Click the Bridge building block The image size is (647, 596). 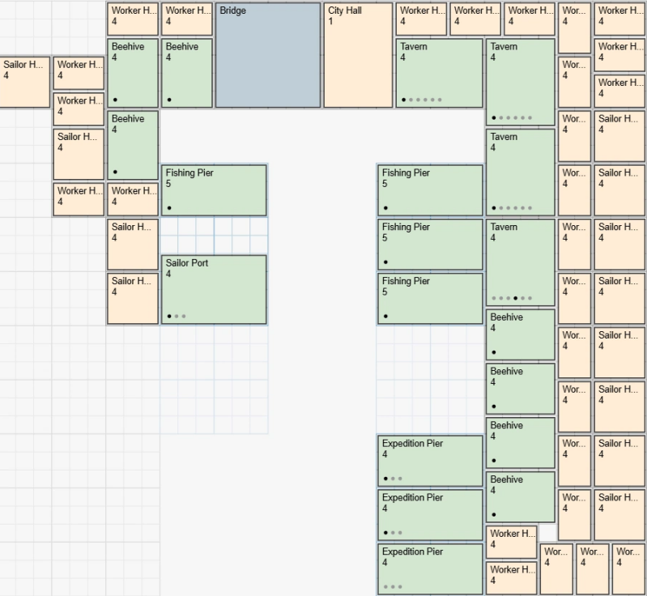click(268, 55)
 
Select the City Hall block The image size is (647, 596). click(358, 55)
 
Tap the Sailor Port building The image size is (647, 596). click(214, 290)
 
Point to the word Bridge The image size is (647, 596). click(232, 11)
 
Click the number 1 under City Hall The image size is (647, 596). click(330, 22)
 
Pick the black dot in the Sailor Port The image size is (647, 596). click(169, 316)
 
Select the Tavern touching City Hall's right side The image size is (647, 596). click(439, 73)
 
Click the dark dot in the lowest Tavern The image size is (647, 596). click(515, 298)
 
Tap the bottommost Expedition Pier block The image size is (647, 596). click(430, 569)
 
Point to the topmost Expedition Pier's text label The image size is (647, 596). click(412, 444)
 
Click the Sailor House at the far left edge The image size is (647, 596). click(25, 82)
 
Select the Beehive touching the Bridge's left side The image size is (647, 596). click(187, 73)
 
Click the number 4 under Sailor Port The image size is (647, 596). click(168, 275)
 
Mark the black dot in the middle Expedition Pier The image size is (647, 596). click(385, 533)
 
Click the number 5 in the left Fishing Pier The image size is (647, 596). click(168, 184)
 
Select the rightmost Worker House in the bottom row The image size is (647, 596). click(628, 568)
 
